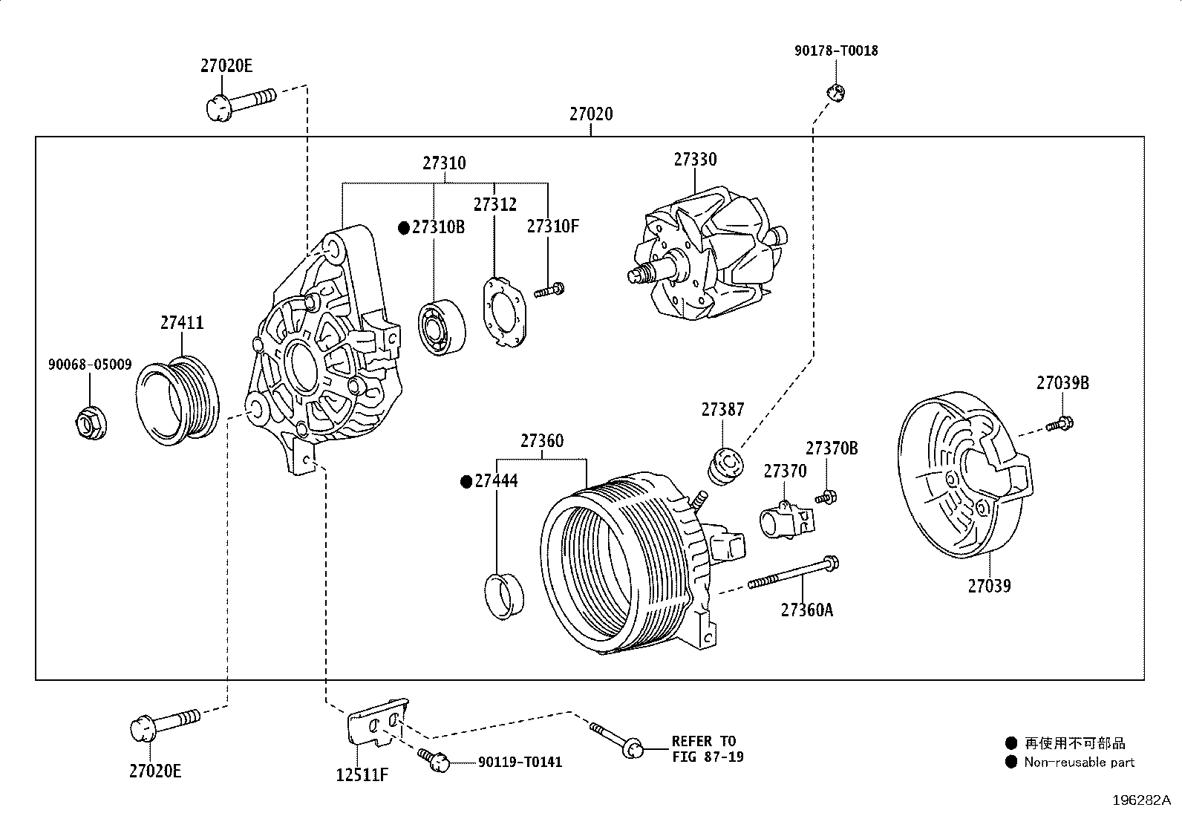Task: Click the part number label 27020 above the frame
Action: [x=591, y=114]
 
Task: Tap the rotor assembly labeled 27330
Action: [x=708, y=253]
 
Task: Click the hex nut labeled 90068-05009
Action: [x=91, y=424]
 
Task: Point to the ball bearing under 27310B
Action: [x=443, y=327]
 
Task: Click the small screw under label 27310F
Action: [x=549, y=290]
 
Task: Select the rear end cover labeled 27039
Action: [x=965, y=474]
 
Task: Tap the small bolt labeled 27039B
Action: [x=1059, y=424]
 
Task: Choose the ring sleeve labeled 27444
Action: [x=504, y=596]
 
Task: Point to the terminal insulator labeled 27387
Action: [x=725, y=466]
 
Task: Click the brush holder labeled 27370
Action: [x=787, y=520]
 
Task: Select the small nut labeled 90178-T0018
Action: [x=836, y=92]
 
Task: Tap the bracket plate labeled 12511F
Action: [x=377, y=722]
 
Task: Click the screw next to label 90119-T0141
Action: [x=434, y=760]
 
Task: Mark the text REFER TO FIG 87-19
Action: [x=708, y=749]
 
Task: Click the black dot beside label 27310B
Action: [x=404, y=228]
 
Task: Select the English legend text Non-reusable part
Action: [x=1079, y=762]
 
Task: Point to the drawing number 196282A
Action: [x=1141, y=800]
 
